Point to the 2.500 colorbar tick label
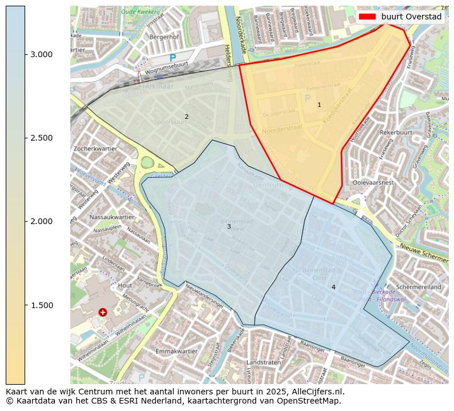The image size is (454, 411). [x=41, y=138]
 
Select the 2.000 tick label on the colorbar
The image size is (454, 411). [x=41, y=221]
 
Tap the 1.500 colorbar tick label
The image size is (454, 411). [x=41, y=305]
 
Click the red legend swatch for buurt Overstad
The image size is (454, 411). [x=367, y=17]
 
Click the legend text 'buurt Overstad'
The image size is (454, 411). [x=412, y=17]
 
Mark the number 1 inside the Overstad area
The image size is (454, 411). [x=319, y=105]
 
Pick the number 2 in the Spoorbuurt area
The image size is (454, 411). [x=186, y=117]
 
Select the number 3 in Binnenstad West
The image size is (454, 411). [x=229, y=226]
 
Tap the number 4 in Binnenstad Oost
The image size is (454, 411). [x=333, y=287]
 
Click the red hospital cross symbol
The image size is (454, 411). [x=102, y=312]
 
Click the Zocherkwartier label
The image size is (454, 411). [x=95, y=148]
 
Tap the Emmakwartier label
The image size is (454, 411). [x=176, y=351]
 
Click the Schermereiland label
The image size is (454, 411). [x=419, y=287]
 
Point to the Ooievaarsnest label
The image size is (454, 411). [x=373, y=182]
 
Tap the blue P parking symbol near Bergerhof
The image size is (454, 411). [x=173, y=58]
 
